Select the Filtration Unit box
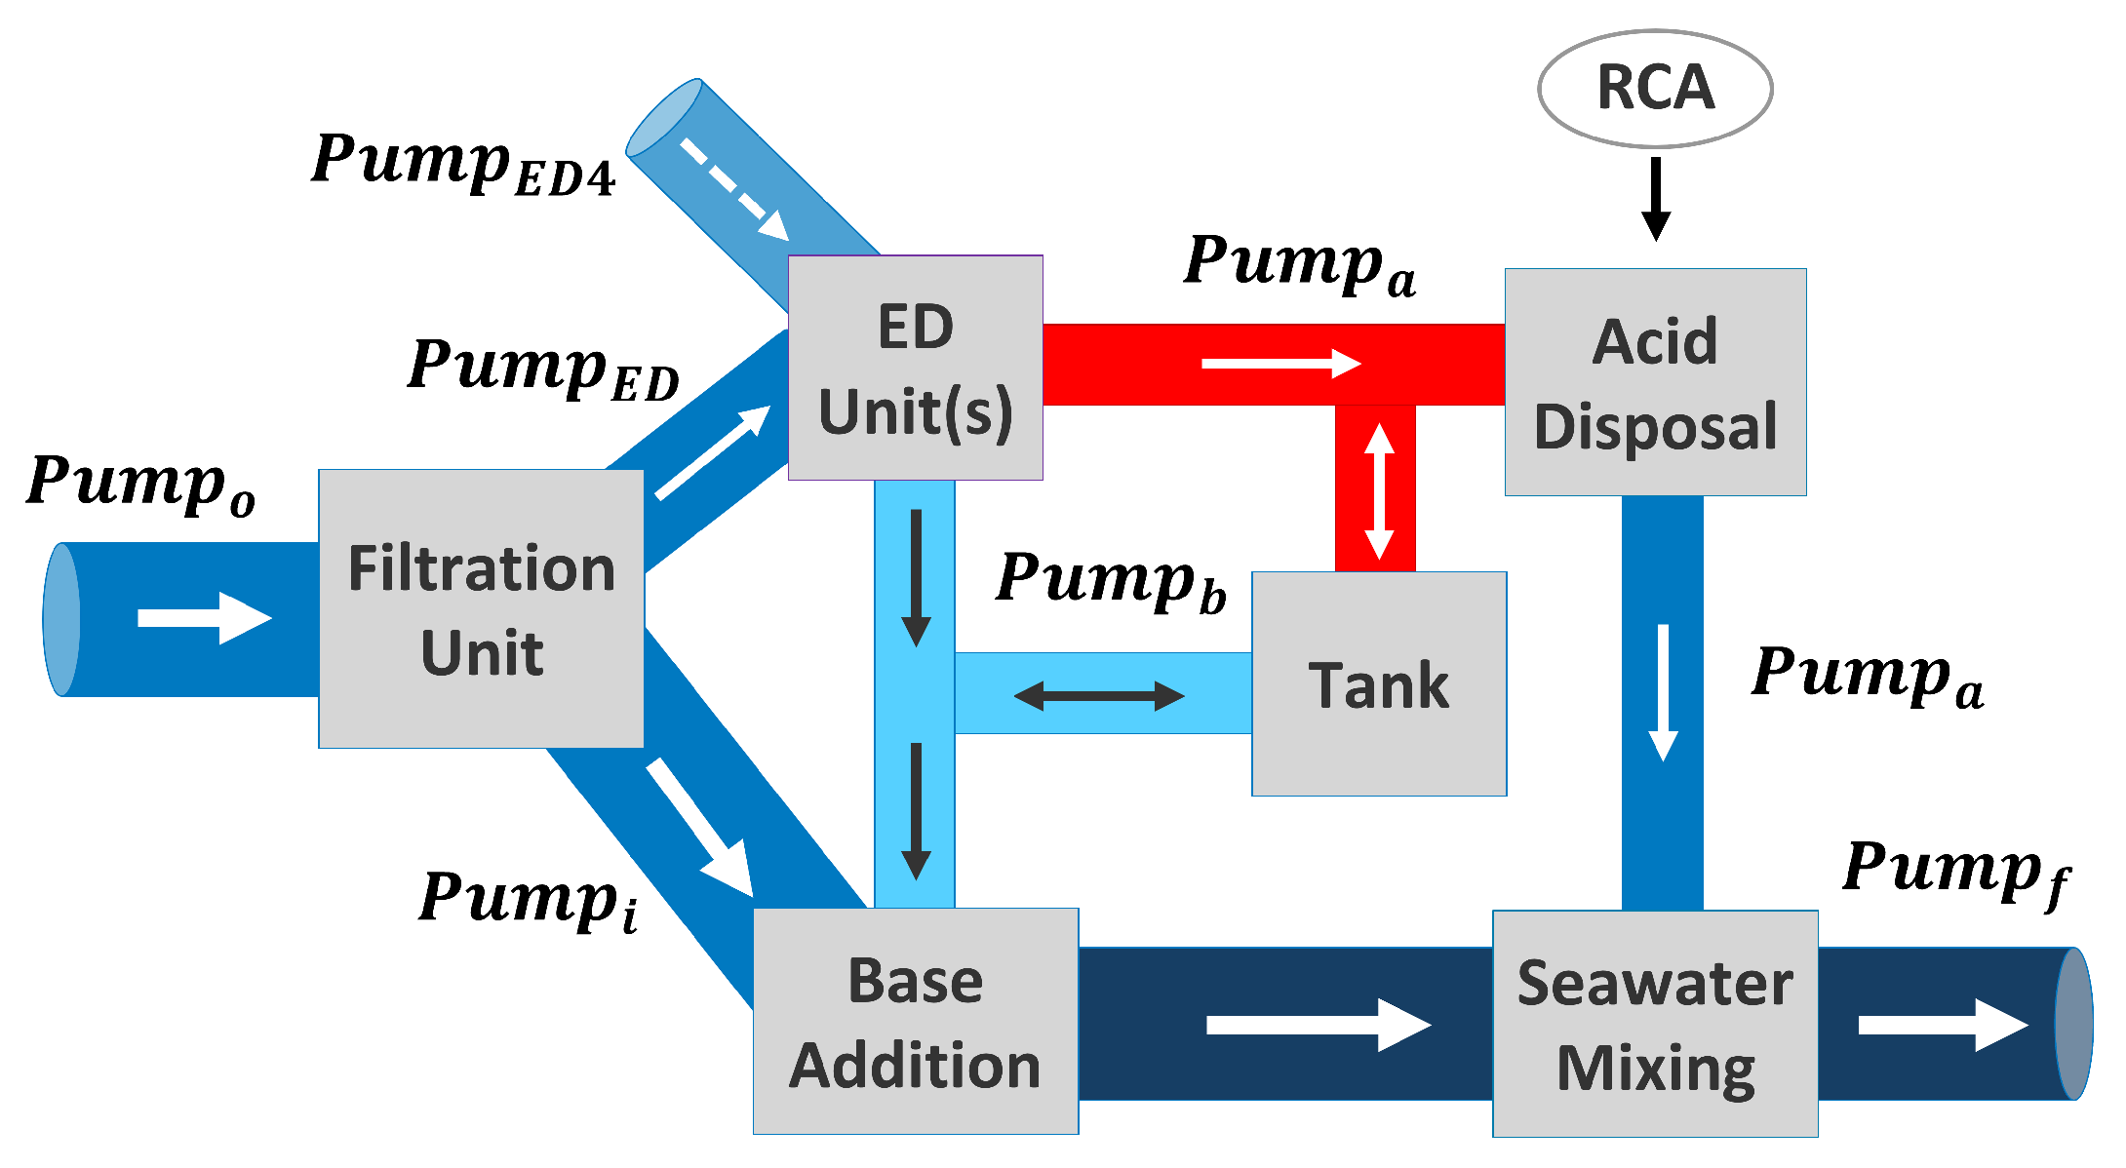coord(481,609)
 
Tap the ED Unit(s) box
coord(915,368)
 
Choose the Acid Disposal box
coord(1655,382)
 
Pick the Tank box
coord(1379,683)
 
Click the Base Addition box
coord(916,1021)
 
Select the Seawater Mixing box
coord(1655,1024)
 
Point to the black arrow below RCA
coord(1656,199)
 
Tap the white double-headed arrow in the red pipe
coord(1379,491)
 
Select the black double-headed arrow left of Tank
coord(1099,696)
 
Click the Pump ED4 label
coord(463,163)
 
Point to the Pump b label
coord(1111,581)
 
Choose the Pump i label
coord(529,901)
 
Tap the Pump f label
coord(1955,872)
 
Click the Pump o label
coord(141,485)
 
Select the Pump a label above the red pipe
coord(1300,264)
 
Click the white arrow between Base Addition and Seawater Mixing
coord(1319,1025)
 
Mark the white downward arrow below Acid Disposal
coord(1663,692)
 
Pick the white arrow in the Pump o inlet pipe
coord(205,618)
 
